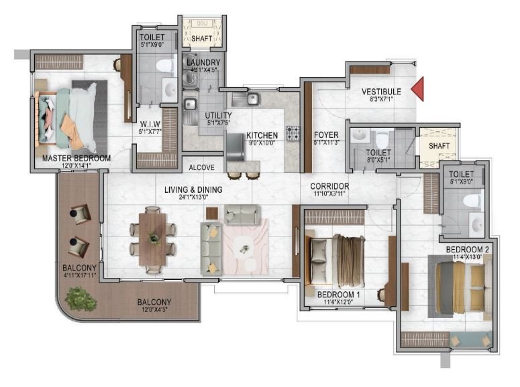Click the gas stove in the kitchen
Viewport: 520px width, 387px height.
click(293, 133)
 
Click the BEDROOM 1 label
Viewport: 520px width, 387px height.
click(339, 295)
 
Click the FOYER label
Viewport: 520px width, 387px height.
click(326, 135)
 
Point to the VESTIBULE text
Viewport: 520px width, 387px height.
click(381, 91)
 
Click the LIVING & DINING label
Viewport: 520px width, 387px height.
click(193, 189)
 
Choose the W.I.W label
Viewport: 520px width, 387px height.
click(148, 124)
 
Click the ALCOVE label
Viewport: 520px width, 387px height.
click(201, 167)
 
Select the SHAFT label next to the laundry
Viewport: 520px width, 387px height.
click(202, 39)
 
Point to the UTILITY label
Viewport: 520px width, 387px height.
click(218, 115)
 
